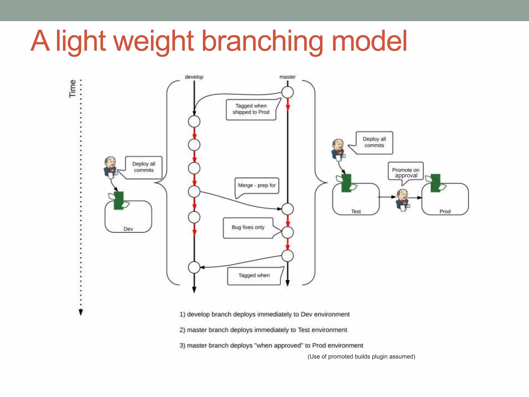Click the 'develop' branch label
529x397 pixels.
click(194, 77)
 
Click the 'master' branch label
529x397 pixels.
click(287, 77)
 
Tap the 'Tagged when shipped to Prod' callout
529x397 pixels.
click(251, 109)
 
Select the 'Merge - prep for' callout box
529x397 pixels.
click(257, 185)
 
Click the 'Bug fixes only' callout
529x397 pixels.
click(248, 227)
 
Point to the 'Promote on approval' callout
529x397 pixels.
click(406, 173)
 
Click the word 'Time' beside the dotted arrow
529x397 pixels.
click(73, 88)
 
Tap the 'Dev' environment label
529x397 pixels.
click(128, 229)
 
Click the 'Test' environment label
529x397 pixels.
click(356, 211)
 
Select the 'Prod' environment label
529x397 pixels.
click(445, 211)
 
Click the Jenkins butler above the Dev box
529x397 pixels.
click(110, 167)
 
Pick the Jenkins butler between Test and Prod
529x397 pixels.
click(403, 200)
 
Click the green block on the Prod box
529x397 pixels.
click(435, 183)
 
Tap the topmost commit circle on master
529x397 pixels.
click(287, 92)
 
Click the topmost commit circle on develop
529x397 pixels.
click(194, 121)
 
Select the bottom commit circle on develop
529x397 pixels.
click(194, 267)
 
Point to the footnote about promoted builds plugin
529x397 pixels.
click(361, 357)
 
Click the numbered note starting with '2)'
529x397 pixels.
click(263, 330)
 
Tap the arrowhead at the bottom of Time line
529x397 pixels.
click(81, 313)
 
